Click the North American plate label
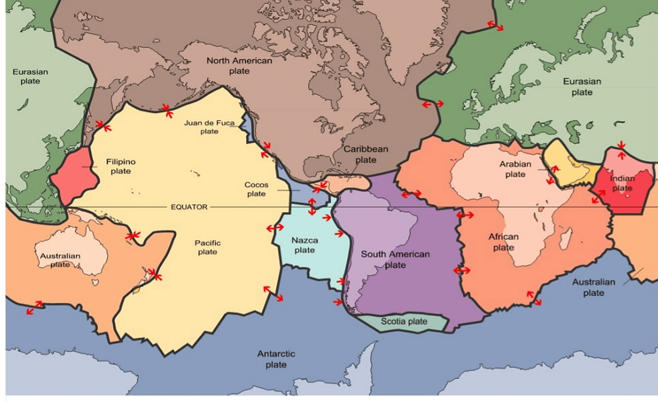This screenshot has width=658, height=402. (x=239, y=66)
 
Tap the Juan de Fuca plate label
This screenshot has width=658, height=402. (x=209, y=127)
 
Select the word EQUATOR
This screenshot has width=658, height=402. (x=189, y=207)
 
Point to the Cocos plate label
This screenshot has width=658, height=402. (x=256, y=189)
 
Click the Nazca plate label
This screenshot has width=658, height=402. (x=305, y=245)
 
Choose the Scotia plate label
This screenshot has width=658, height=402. (x=404, y=322)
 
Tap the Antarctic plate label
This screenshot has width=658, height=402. (x=276, y=359)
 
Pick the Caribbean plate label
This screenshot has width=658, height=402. (x=366, y=154)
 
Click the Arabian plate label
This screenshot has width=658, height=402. (x=515, y=169)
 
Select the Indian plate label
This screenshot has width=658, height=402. (x=622, y=183)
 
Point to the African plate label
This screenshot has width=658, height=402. (x=503, y=242)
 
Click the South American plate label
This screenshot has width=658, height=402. (x=395, y=259)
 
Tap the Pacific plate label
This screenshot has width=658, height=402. (x=208, y=247)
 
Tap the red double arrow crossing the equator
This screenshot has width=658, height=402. (x=312, y=207)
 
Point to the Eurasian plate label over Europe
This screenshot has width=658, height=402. (x=582, y=87)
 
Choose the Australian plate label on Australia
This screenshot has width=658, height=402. (x=60, y=260)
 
